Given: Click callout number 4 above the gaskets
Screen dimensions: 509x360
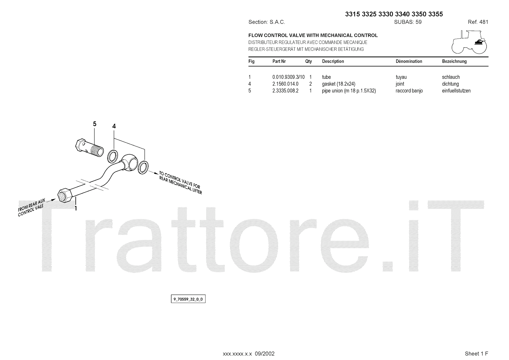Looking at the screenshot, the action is click(114, 126).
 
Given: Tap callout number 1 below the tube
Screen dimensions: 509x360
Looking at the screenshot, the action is click(76, 208).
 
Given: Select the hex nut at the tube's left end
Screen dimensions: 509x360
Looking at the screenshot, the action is click(65, 194).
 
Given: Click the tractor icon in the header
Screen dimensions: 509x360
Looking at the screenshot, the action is click(469, 42).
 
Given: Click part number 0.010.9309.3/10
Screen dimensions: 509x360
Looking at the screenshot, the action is click(288, 77).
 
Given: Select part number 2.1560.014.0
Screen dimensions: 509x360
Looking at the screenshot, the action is click(285, 84).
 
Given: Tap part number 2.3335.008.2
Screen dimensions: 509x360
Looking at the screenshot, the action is click(285, 91).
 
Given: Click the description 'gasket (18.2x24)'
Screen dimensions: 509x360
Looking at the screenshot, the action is click(338, 84).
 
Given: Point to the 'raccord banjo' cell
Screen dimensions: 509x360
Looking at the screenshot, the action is click(409, 91).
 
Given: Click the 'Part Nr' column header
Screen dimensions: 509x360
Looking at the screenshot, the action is click(279, 61).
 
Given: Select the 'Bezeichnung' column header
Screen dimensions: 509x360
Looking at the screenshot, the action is click(454, 61).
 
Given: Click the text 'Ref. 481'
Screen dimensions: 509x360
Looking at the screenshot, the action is click(478, 22).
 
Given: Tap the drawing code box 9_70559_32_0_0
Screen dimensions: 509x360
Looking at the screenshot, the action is click(188, 299).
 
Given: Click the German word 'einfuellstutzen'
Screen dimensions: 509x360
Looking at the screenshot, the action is click(456, 91).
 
